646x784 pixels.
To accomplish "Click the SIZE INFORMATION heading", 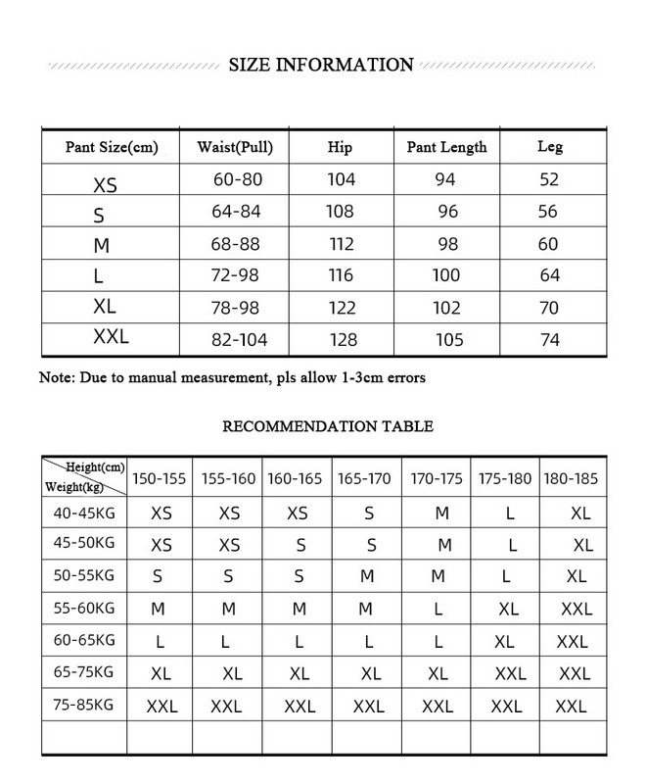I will [x=321, y=66].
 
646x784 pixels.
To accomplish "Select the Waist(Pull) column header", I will [x=235, y=148].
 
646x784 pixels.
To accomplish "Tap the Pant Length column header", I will [x=446, y=148].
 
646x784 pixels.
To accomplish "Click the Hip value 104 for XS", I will [x=342, y=180].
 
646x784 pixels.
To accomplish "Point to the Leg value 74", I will [x=550, y=339].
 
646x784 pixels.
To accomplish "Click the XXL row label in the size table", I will [x=111, y=338].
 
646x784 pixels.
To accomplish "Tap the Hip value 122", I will [x=342, y=308].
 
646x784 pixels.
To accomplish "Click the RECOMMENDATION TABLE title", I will [x=328, y=426].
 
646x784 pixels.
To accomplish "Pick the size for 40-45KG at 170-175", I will [x=443, y=513].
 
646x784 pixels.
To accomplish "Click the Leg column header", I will [x=550, y=148].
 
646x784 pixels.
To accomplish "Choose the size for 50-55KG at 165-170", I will [x=367, y=577].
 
